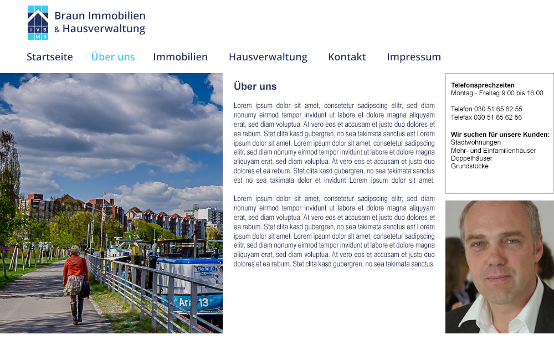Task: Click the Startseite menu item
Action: click(50, 57)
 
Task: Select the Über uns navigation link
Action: click(113, 57)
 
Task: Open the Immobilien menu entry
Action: click(180, 57)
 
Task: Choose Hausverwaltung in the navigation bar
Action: click(268, 57)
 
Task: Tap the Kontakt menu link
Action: click(347, 57)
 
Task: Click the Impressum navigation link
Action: click(414, 57)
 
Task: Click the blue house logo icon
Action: click(38, 23)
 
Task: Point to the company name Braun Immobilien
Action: click(100, 16)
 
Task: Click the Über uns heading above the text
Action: click(255, 86)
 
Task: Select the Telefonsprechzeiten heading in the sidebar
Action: click(483, 85)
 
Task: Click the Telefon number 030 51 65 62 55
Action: click(486, 109)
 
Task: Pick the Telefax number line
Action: click(486, 117)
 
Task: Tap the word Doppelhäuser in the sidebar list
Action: click(471, 158)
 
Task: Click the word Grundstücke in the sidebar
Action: click(470, 166)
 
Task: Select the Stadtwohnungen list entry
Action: click(475, 142)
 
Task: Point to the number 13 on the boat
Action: click(203, 302)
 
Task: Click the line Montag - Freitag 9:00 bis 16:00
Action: click(497, 93)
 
